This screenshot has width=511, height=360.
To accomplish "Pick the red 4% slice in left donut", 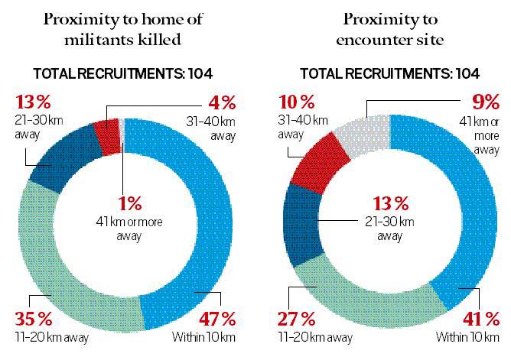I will coord(108,135).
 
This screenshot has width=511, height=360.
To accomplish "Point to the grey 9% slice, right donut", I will coord(363,130).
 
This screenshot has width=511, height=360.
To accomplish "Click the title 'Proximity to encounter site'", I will coord(389,28).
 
